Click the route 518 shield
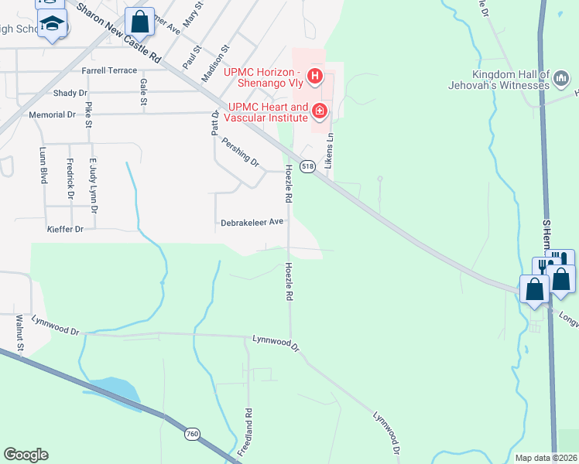308,166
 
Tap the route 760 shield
191,435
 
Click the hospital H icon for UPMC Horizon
315,75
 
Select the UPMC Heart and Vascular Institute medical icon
319,112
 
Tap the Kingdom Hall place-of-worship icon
563,78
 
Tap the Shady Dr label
71,93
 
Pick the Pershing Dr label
240,152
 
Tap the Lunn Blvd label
43,168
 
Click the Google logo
26,455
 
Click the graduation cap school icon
53,26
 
